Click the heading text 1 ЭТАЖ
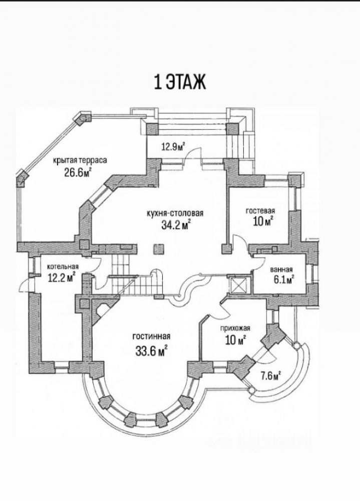179,82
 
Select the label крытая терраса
81,160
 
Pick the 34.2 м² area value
173,225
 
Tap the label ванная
281,270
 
